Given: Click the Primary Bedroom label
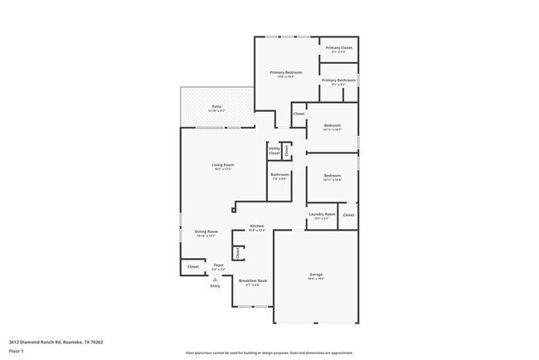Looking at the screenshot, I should (286, 73).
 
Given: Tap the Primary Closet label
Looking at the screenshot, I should (338, 48).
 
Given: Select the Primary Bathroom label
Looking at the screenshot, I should (338, 80).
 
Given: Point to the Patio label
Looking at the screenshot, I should (216, 107).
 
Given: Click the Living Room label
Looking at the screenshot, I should (222, 165).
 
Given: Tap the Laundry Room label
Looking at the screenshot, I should (322, 215).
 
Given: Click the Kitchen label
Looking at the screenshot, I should (257, 226).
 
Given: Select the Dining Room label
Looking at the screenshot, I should (206, 231).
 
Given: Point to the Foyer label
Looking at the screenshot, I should (219, 265).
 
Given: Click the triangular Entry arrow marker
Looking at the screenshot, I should (215, 280).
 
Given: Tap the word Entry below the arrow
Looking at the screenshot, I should (215, 286).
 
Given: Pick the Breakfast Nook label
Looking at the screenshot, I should (253, 281).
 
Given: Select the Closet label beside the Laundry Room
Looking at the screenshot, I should (348, 215).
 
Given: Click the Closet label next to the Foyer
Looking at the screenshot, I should (193, 266).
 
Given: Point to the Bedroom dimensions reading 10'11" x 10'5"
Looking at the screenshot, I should (332, 180).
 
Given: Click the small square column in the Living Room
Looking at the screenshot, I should (236, 200).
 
